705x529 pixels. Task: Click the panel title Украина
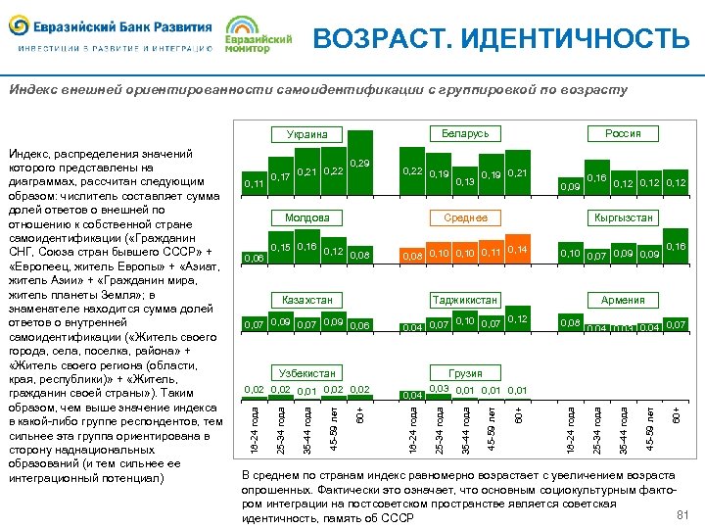pos(306,134)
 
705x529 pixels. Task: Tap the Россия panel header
pos(623,133)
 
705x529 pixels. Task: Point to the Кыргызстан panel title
pos(623,217)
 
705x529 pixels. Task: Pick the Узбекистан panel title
pos(306,374)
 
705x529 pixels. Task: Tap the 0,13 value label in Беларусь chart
pos(465,182)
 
